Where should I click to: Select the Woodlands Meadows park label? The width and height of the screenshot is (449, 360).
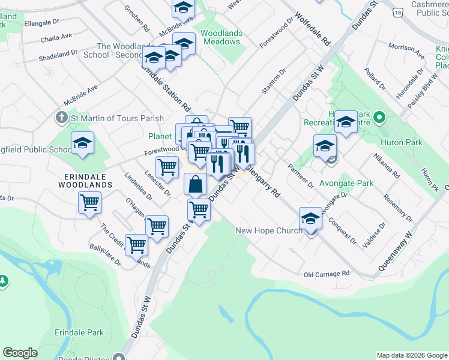221,37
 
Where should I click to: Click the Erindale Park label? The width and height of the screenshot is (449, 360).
79,332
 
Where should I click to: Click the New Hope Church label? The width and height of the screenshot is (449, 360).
269,230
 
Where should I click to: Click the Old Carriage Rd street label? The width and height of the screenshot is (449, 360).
327,274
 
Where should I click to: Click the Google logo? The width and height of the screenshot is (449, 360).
20,353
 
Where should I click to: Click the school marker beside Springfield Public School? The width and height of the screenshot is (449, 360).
82,143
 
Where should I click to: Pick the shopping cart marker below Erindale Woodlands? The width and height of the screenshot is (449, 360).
89,203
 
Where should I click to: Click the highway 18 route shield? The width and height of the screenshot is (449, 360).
397,12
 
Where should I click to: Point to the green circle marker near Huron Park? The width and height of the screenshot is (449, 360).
379,117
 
